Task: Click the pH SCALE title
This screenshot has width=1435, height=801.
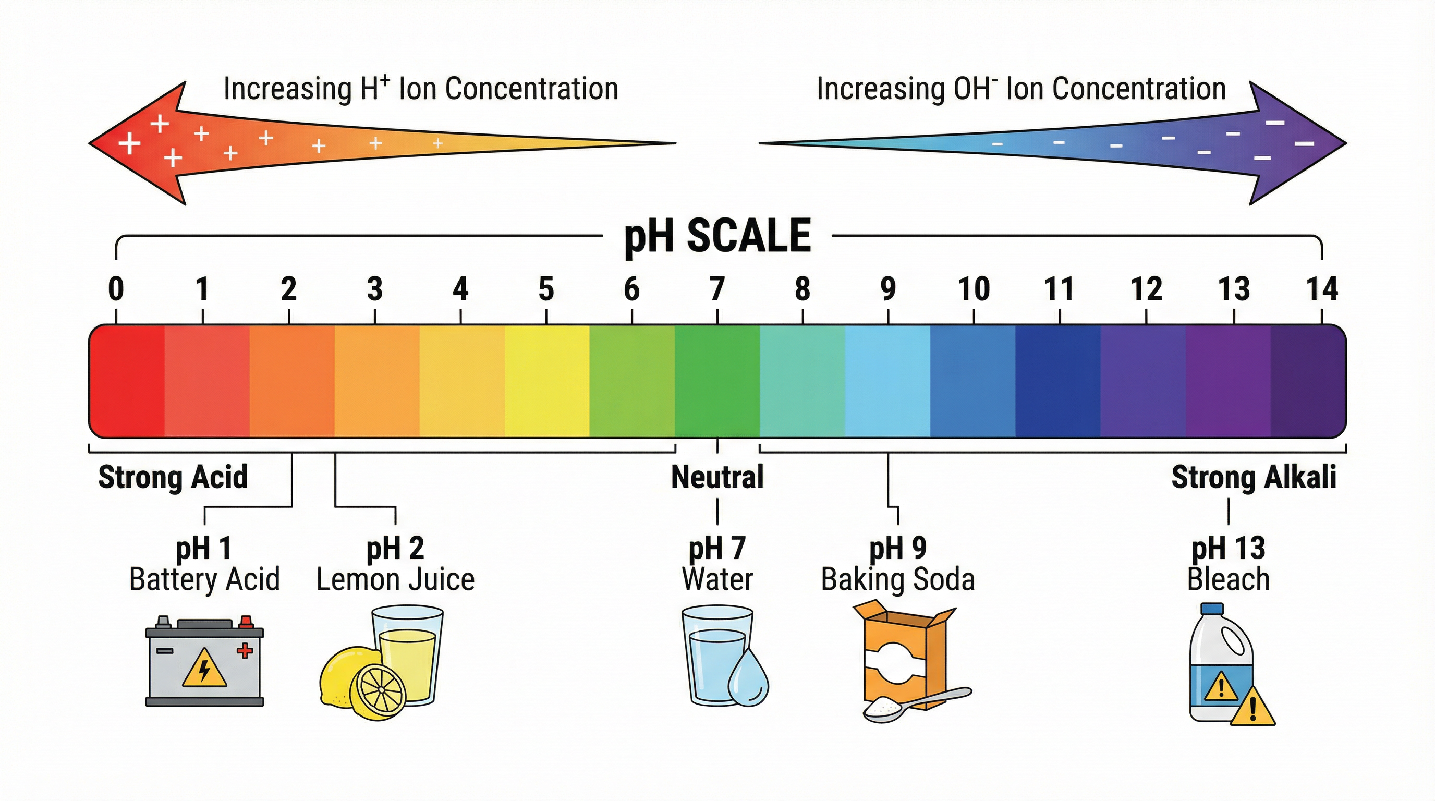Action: [x=717, y=236]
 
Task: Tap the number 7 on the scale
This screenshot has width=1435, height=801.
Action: [x=717, y=288]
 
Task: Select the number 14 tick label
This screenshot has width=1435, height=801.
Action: [x=1322, y=288]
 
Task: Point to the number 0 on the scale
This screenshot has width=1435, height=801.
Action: [x=116, y=288]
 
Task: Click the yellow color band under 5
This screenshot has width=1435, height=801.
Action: [x=546, y=381]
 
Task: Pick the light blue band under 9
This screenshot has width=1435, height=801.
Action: [x=887, y=381]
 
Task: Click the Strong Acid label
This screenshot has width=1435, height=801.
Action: [x=173, y=477]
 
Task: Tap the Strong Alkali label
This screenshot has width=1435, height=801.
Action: [x=1254, y=477]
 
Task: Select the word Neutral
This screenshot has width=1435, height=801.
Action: [x=717, y=477]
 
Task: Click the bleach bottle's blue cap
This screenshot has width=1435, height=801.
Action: [x=1218, y=610]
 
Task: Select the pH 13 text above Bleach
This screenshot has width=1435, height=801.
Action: [x=1229, y=548]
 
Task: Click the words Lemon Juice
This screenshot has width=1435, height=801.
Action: [x=396, y=580]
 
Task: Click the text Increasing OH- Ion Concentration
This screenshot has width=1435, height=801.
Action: [x=1021, y=89]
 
